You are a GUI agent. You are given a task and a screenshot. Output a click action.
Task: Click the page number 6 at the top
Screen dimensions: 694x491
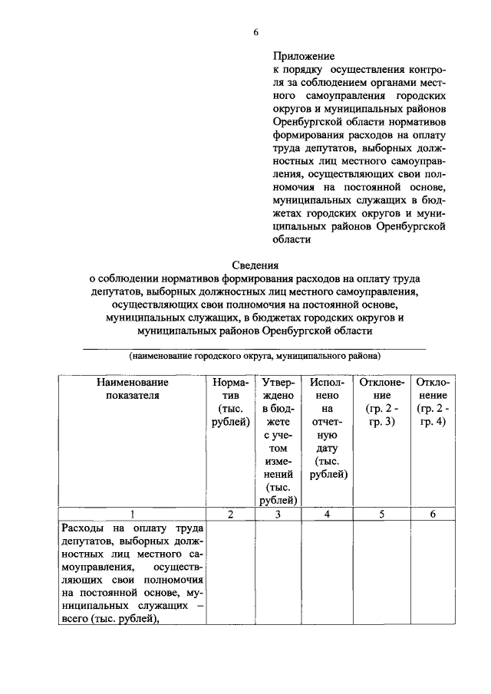(x=255, y=31)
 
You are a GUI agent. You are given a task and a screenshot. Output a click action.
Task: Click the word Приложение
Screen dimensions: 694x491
(x=305, y=56)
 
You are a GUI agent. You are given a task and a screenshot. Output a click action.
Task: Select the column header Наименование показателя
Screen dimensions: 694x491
(x=132, y=388)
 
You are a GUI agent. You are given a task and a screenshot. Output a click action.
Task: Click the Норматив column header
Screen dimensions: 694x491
(x=230, y=401)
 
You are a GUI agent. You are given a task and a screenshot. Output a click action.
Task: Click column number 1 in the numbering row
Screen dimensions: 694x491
(x=132, y=515)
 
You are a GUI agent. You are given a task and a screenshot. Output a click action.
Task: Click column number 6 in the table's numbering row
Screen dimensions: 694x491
(x=433, y=515)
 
